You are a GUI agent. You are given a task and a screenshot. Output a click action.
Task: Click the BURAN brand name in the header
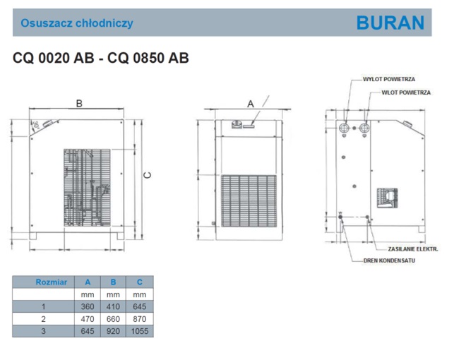[x=390, y=23]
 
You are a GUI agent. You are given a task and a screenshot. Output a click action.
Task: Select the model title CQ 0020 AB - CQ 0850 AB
[x=100, y=59]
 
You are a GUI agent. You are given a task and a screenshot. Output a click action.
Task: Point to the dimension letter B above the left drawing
[x=79, y=103]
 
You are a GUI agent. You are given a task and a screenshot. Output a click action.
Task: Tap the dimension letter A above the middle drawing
[x=250, y=103]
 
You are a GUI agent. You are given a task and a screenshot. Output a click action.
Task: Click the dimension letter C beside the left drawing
[x=147, y=175]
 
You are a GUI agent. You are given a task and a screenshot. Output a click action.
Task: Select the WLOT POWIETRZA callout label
[x=406, y=92]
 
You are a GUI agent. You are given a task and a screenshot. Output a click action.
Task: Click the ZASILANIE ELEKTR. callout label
[x=413, y=250]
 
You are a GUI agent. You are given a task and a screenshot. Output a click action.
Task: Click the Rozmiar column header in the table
[x=51, y=282]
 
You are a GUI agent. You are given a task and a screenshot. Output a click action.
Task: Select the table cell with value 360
[x=88, y=306]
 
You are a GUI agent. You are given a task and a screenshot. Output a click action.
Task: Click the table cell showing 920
[x=113, y=330]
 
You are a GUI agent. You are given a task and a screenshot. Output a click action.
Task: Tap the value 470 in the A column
[x=88, y=318]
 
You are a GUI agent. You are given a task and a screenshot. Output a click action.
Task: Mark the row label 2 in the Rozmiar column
[x=44, y=318]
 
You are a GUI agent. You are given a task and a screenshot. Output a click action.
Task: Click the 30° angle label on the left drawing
[x=35, y=126]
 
